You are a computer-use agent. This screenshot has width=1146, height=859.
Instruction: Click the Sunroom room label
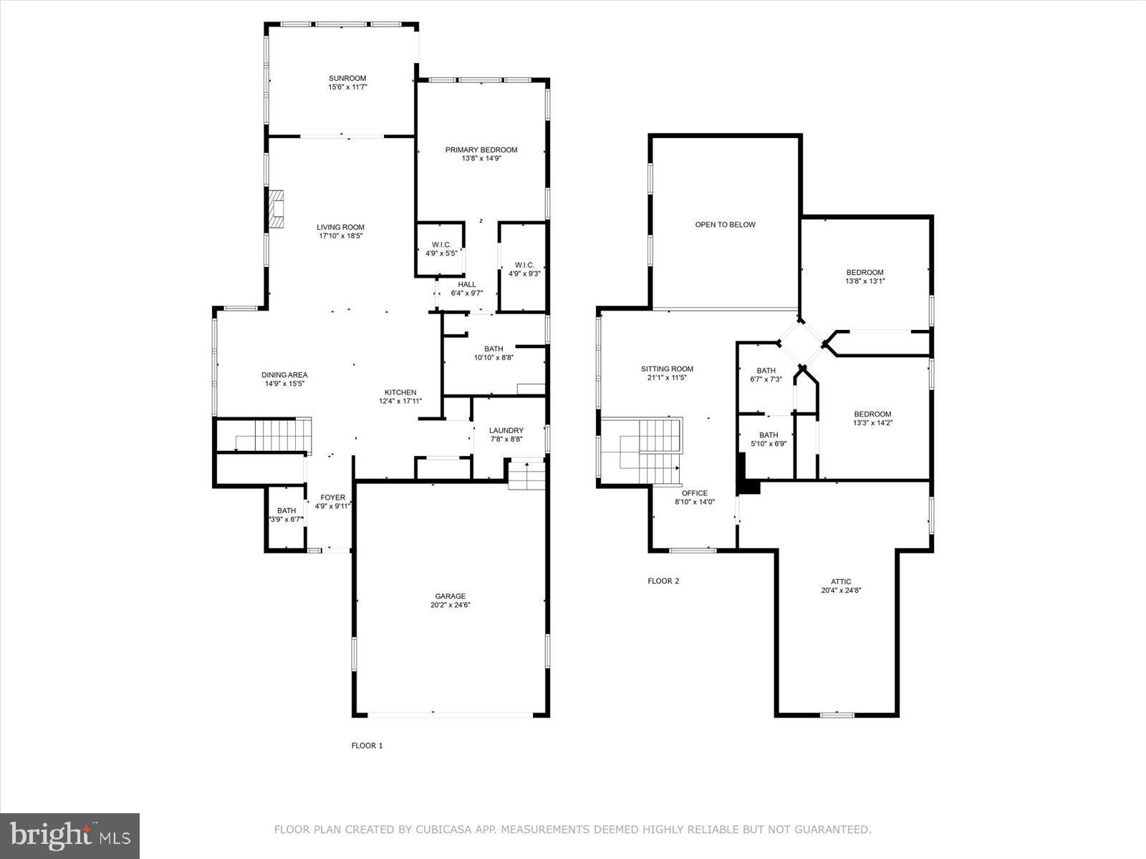tap(347, 79)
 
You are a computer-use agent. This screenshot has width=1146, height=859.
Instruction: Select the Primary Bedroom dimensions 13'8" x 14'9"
tap(481, 159)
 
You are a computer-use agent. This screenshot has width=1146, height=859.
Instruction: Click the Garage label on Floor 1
tap(450, 596)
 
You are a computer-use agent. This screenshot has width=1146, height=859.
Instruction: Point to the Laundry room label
tap(506, 430)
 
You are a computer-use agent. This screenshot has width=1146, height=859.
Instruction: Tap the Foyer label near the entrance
tap(332, 498)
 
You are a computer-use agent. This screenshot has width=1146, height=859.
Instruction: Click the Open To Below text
tap(725, 225)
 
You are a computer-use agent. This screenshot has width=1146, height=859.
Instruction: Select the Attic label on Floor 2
tap(841, 582)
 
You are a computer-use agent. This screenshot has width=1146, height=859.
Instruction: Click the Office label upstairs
tap(694, 493)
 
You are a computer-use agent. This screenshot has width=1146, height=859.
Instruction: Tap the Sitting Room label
tap(667, 369)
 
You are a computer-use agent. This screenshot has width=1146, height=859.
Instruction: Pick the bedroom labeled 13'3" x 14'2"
tap(872, 418)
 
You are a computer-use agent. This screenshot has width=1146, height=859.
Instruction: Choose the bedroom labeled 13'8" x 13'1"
tap(865, 276)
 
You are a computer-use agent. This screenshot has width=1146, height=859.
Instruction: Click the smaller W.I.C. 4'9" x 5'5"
tap(441, 248)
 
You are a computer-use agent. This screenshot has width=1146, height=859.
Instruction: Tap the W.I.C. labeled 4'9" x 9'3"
tap(524, 268)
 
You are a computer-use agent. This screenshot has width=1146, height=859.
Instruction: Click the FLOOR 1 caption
tap(367, 746)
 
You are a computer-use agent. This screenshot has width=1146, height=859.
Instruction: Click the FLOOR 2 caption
tap(663, 581)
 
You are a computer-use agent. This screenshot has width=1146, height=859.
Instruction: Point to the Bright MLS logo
tap(70, 835)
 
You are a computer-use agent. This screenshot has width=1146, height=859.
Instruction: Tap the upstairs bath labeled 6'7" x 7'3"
tap(766, 374)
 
